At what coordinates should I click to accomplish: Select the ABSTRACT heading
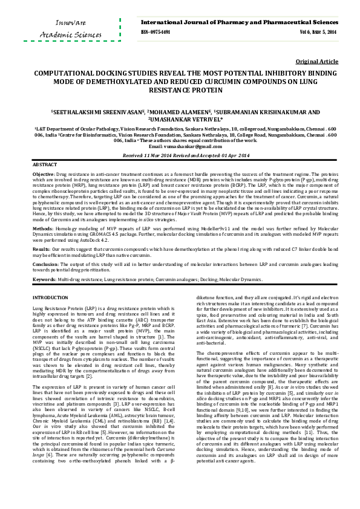click(x=45, y=164)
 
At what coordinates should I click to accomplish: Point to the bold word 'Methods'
click(x=42, y=230)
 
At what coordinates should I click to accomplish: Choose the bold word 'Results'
click(x=41, y=248)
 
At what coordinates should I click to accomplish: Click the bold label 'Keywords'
click(x=44, y=279)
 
